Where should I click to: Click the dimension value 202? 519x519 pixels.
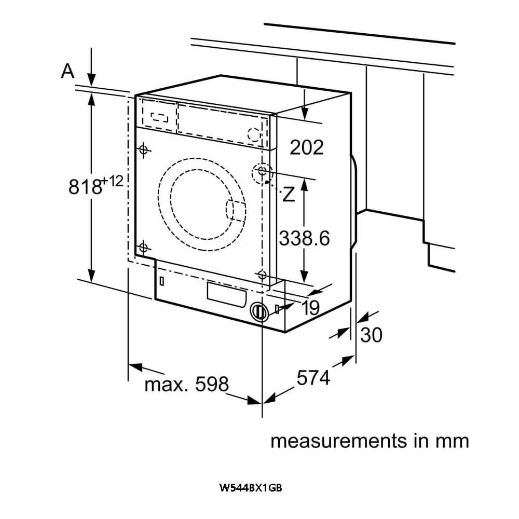(306, 147)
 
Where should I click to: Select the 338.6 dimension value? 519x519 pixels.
(305, 238)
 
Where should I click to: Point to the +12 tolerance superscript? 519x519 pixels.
(113, 181)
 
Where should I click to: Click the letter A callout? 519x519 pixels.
(67, 71)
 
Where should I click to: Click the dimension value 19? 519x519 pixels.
(310, 308)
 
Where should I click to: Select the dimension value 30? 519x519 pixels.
(371, 335)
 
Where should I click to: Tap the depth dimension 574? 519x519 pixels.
(313, 378)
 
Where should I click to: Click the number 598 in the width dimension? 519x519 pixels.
(212, 385)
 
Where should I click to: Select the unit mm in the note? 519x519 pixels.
(452, 441)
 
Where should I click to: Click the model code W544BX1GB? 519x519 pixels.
(251, 488)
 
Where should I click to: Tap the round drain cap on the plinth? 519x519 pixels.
(259, 311)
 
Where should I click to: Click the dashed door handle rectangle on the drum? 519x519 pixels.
(232, 210)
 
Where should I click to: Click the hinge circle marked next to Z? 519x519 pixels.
(262, 171)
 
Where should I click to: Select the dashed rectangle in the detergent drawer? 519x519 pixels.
(156, 117)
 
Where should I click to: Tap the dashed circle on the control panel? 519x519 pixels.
(254, 134)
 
